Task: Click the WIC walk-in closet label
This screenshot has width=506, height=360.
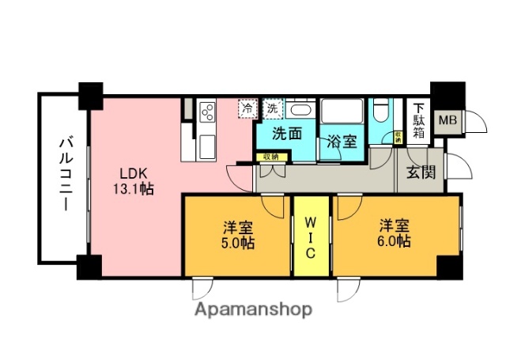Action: tap(312, 235)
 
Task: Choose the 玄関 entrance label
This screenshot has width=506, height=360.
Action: tap(420, 173)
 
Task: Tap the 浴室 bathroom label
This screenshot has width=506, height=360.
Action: tap(341, 142)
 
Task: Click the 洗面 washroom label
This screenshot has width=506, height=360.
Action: tap(287, 134)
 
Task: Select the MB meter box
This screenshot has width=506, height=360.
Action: tap(447, 120)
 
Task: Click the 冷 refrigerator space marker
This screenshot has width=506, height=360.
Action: tap(248, 107)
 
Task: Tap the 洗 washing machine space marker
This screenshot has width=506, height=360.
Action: tap(272, 107)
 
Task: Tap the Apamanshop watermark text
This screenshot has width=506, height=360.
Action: tap(253, 309)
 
